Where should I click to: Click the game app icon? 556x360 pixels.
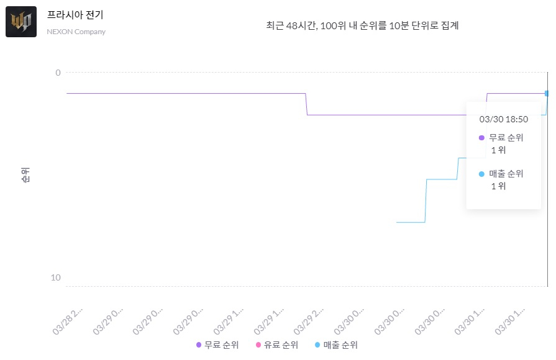pyautogui.click(x=21, y=22)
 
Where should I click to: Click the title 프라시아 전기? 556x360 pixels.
pyautogui.click(x=75, y=15)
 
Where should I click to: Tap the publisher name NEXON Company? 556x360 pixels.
pyautogui.click(x=76, y=32)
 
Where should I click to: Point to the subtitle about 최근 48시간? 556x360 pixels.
pyautogui.click(x=362, y=26)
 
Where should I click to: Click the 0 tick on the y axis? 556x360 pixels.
pyautogui.click(x=58, y=73)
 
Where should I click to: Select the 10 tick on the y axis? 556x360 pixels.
pyautogui.click(x=56, y=277)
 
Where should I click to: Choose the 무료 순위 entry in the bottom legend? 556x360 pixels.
pyautogui.click(x=217, y=345)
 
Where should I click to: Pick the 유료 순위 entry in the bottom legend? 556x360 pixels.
pyautogui.click(x=277, y=345)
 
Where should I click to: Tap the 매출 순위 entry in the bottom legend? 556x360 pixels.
pyautogui.click(x=336, y=345)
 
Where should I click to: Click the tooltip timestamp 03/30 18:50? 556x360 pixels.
pyautogui.click(x=503, y=119)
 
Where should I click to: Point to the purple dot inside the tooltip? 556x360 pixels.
pyautogui.click(x=481, y=138)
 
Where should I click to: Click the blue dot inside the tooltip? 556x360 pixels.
pyautogui.click(x=481, y=174)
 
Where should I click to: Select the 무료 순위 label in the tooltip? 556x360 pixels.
pyautogui.click(x=506, y=138)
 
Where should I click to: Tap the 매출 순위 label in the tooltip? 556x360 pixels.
pyautogui.click(x=506, y=174)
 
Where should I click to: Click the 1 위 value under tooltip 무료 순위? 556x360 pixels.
pyautogui.click(x=498, y=150)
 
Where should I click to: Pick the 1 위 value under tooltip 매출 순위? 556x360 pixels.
pyautogui.click(x=498, y=186)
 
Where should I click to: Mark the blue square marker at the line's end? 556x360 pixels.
pyautogui.click(x=547, y=93)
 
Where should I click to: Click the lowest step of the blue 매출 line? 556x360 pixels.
pyautogui.click(x=411, y=222)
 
